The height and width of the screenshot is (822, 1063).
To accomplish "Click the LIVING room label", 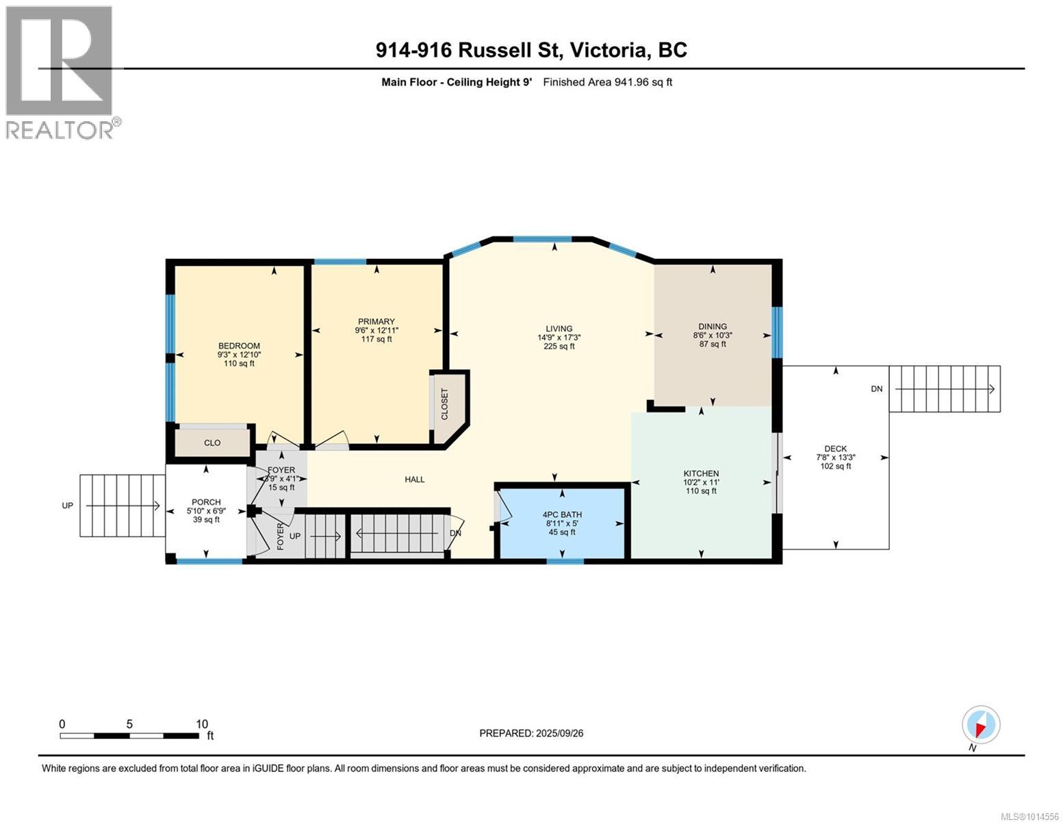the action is [559, 329].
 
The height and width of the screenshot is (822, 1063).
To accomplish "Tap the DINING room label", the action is [713, 326].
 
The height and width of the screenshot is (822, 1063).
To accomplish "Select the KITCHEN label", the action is [701, 473].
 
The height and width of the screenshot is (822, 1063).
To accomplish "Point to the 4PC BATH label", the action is [562, 514].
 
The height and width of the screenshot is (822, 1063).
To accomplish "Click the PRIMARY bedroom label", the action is [376, 322].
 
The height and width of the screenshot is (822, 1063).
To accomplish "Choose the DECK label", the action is [836, 449].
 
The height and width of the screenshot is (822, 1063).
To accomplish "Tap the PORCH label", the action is [206, 502].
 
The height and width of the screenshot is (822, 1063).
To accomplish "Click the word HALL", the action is [414, 480].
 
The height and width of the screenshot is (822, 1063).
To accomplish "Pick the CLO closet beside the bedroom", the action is [212, 443].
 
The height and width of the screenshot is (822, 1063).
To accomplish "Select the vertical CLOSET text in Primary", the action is [444, 404].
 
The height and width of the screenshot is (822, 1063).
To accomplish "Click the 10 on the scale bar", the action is [202, 723].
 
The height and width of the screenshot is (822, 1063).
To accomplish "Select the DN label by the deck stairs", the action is [877, 388].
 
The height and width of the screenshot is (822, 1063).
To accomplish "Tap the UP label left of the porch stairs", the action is [68, 506].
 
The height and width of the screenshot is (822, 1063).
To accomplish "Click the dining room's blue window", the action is [777, 332].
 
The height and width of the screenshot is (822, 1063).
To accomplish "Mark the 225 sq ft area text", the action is [559, 346].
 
